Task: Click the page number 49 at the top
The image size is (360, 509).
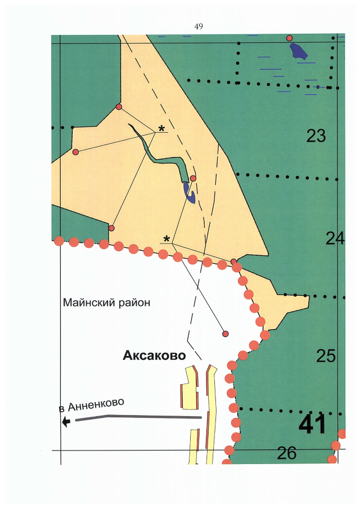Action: click(198, 26)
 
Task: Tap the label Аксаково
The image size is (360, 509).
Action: click(154, 355)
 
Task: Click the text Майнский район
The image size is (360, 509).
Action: click(107, 303)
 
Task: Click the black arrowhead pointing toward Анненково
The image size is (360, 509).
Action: click(66, 421)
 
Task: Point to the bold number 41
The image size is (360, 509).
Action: click(312, 425)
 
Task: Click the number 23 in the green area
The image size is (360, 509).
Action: click(316, 136)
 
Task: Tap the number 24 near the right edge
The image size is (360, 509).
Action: click(335, 238)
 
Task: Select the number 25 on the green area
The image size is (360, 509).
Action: click(326, 355)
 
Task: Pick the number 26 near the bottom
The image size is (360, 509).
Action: click(286, 453)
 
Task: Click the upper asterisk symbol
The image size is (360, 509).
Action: click(162, 129)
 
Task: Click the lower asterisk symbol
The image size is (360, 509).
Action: click(166, 240)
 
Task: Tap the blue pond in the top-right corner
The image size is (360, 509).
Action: click(299, 51)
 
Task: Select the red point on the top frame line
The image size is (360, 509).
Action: click(290, 38)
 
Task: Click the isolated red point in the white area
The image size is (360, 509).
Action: click(226, 334)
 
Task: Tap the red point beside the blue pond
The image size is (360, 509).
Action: click(193, 178)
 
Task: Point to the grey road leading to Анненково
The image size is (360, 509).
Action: click(141, 417)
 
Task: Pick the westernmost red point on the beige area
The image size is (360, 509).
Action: click(75, 152)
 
